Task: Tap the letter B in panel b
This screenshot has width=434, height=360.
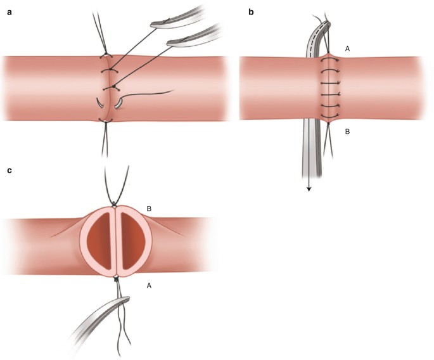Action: click(x=347, y=132)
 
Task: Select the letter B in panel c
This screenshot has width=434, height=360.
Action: click(x=150, y=209)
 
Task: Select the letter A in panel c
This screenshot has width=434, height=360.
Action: click(x=150, y=286)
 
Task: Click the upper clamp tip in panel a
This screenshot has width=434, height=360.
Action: click(x=156, y=25)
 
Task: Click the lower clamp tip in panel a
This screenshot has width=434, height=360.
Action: click(x=172, y=44)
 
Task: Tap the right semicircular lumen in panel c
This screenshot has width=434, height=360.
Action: click(x=132, y=241)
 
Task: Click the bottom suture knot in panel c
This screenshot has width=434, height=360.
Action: click(x=116, y=278)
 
